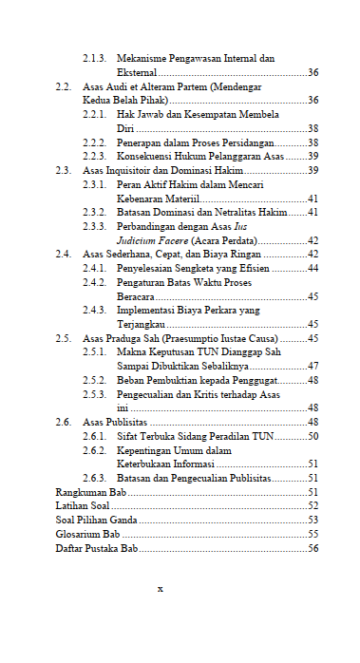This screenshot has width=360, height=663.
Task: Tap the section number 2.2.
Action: (x=65, y=86)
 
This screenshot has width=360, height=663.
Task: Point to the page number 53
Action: (x=313, y=520)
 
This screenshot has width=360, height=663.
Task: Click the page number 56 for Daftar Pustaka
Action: (x=313, y=548)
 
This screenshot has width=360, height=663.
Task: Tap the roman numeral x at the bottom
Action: (x=161, y=588)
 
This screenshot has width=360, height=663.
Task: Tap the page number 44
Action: (x=313, y=269)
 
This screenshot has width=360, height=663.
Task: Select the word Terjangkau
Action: (x=141, y=324)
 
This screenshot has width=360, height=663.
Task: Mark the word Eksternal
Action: (x=137, y=73)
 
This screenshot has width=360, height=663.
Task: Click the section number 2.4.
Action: (x=65, y=255)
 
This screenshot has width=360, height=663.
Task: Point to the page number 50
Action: (x=313, y=436)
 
